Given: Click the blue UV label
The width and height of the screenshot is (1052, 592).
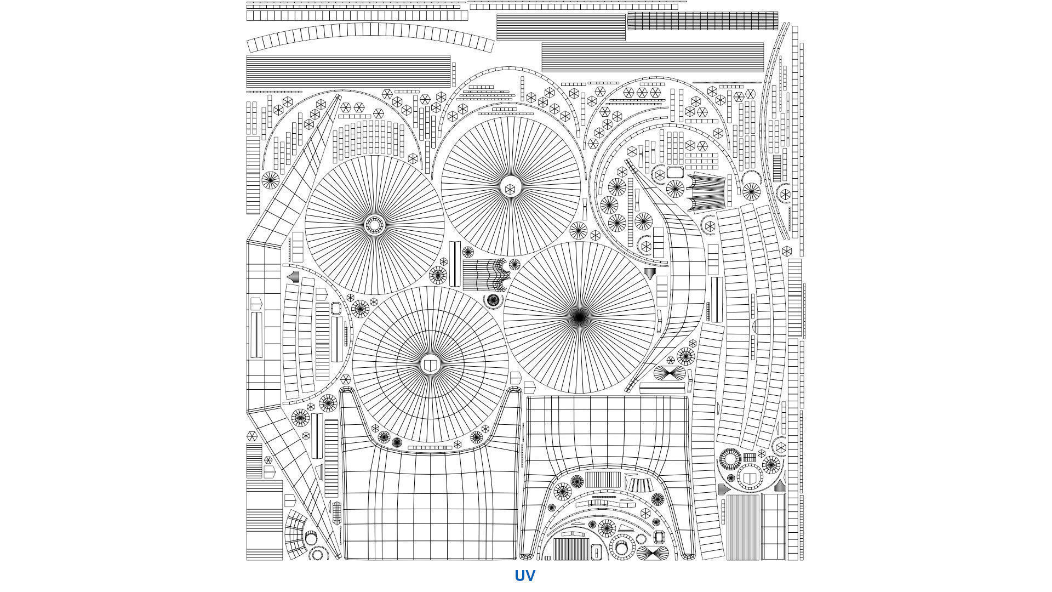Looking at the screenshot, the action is pos(524,576).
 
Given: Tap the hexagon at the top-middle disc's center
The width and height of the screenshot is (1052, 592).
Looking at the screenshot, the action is pos(510,189).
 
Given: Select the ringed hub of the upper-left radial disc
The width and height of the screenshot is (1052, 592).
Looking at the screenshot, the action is pos(375,225).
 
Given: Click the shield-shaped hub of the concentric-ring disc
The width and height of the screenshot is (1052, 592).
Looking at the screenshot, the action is pos(431,365).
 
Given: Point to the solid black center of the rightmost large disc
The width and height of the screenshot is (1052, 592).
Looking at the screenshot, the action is pos(579,317).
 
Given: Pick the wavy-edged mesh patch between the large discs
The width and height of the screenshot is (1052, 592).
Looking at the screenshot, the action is pos(485,275).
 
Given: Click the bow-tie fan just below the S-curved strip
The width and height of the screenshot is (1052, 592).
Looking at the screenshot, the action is pos(670,373).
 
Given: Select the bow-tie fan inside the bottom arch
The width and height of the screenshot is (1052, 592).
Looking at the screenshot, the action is pos(652,553).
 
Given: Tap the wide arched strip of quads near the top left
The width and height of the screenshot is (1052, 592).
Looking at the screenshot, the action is pos(370,36).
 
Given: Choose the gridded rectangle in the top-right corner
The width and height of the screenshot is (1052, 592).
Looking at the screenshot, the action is pos(702,21).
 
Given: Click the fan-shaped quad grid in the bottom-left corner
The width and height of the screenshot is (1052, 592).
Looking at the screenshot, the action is pos(296,534).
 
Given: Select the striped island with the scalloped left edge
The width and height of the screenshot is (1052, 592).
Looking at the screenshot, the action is pos(706,192).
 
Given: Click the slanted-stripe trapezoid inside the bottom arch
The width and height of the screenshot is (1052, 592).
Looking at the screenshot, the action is pos(637,485).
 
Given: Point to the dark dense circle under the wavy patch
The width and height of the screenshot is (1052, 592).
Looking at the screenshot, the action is pos(493,300).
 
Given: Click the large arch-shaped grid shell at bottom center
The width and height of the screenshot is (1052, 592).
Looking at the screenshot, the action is pos(608,477).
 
